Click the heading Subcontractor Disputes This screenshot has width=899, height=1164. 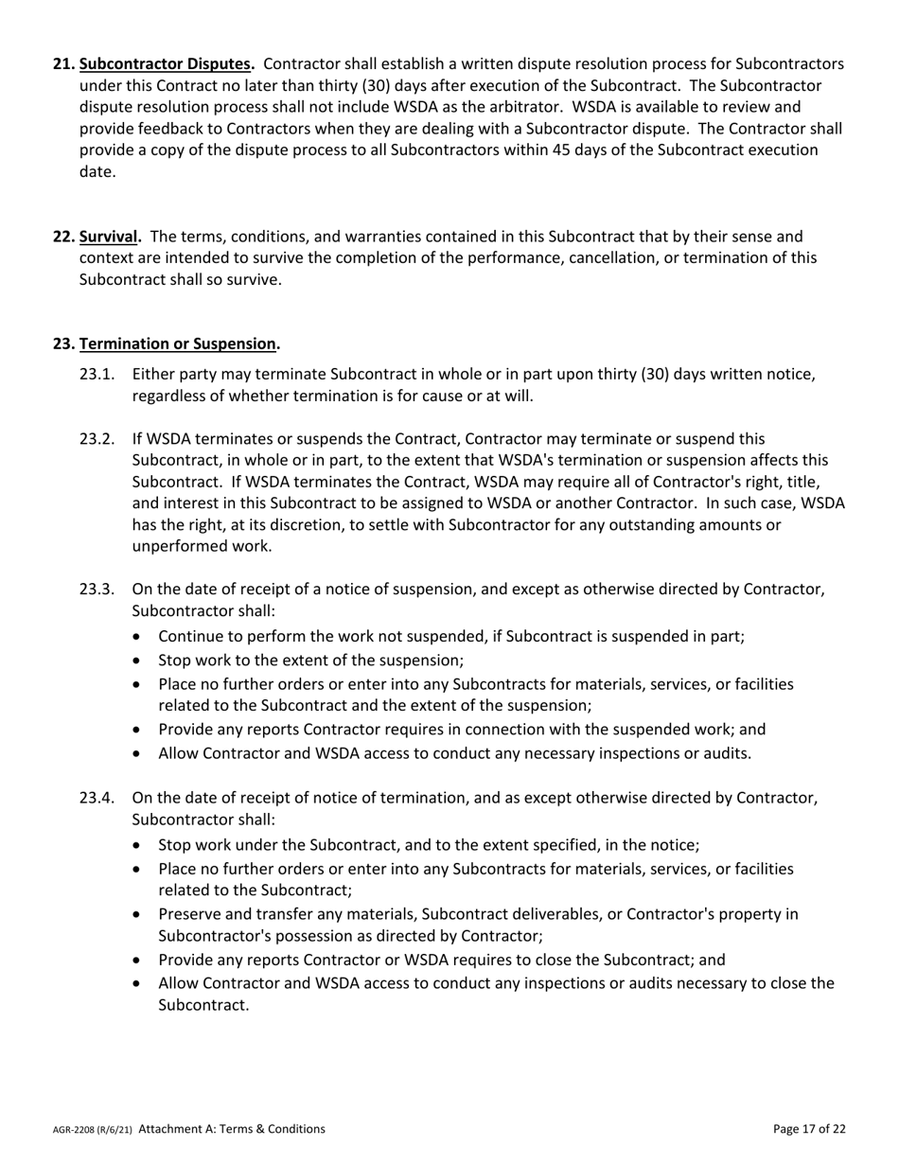pos(167,64)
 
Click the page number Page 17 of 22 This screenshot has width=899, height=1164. pos(809,1128)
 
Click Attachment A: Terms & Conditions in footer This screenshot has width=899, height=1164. pos(232,1128)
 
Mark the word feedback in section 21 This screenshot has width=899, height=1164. pos(184,129)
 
